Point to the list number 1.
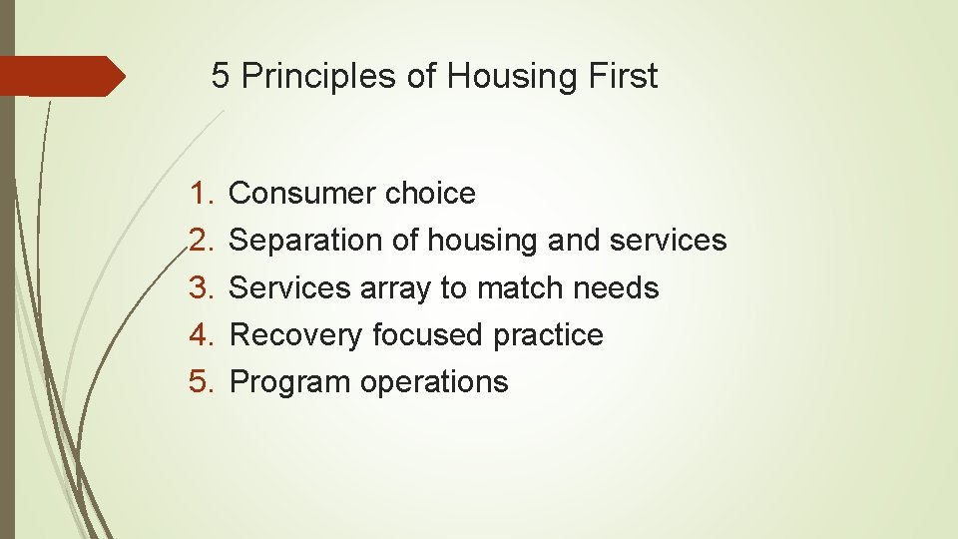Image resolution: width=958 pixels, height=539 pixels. coord(204,193)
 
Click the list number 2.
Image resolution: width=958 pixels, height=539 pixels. coord(204,241)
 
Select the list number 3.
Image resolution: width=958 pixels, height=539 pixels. coord(204,288)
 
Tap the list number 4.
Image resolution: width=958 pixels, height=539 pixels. coord(204,335)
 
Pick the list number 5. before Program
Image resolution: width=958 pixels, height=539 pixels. coord(204,382)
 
